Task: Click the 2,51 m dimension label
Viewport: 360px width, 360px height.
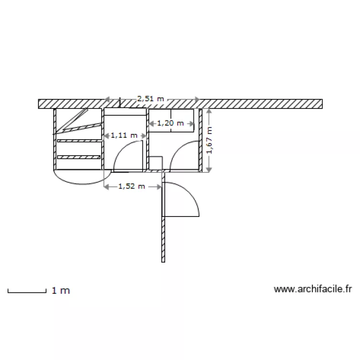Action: tap(150, 99)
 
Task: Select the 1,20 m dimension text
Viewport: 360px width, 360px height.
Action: tap(170, 123)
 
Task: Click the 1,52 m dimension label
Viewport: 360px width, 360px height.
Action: tap(132, 186)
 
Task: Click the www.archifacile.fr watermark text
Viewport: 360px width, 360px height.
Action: tap(313, 289)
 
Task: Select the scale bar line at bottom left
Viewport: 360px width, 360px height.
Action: tap(26, 291)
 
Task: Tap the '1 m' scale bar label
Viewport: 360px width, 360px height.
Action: tap(60, 290)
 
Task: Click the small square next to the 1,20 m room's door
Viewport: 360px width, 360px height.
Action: tap(155, 163)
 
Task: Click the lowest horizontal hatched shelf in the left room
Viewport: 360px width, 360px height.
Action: tap(79, 157)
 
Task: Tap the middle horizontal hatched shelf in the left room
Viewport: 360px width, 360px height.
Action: tap(79, 141)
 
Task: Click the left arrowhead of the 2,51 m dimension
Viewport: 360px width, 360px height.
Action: tap(108, 99)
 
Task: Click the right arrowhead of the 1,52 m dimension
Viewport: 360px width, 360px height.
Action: tap(161, 186)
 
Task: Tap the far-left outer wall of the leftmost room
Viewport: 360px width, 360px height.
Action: tap(55, 139)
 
